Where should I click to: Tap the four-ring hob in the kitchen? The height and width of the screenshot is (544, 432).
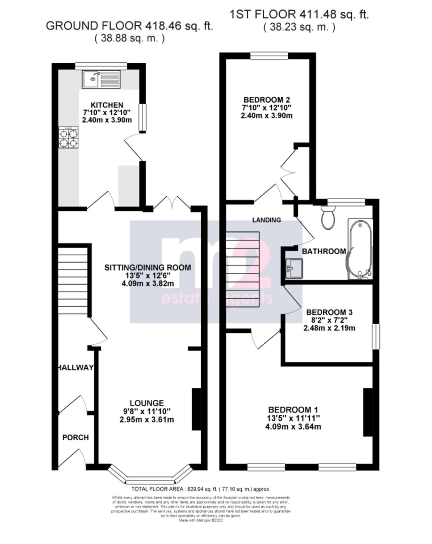[68, 138]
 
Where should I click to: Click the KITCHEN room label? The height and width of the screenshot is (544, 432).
[107, 105]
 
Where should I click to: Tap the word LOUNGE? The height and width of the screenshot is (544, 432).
[147, 403]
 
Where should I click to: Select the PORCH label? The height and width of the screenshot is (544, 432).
[76, 437]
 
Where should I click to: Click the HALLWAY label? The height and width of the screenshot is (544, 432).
[76, 367]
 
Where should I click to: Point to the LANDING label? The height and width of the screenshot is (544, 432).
[267, 220]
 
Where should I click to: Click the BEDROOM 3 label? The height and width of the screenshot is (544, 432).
[329, 312]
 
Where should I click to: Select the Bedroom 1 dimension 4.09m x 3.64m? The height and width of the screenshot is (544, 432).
[293, 427]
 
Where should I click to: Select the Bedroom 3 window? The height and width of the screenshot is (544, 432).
[376, 337]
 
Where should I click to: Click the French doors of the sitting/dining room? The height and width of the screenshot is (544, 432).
[172, 203]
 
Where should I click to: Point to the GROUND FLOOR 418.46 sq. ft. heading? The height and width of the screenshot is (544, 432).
[129, 26]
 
